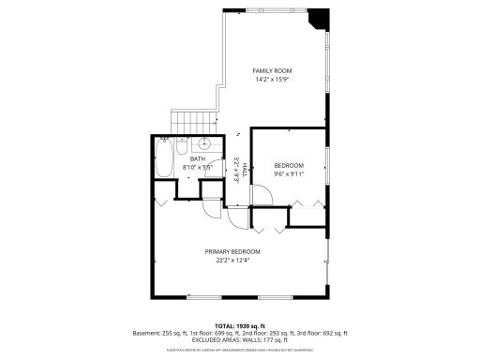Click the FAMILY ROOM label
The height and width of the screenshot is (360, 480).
coord(272,70)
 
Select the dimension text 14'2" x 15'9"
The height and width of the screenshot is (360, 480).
coord(272,80)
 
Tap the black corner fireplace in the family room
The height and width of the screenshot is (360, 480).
coord(321,19)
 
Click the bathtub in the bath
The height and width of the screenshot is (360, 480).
coord(165,161)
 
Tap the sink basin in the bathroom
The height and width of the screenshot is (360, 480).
coord(203,145)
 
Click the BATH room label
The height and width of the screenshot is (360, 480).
coord(198,159)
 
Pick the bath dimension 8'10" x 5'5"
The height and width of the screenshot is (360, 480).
coord(198,168)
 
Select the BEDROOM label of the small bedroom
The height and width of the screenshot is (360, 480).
coord(289,165)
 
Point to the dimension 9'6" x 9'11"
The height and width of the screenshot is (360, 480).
coord(289,173)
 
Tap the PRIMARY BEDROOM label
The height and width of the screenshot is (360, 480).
coord(232,251)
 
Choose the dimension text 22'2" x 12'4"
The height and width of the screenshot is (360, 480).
coord(232,261)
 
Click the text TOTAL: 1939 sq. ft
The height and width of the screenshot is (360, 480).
coord(239,324)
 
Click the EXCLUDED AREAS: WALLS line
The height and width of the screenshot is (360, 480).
coord(239,340)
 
